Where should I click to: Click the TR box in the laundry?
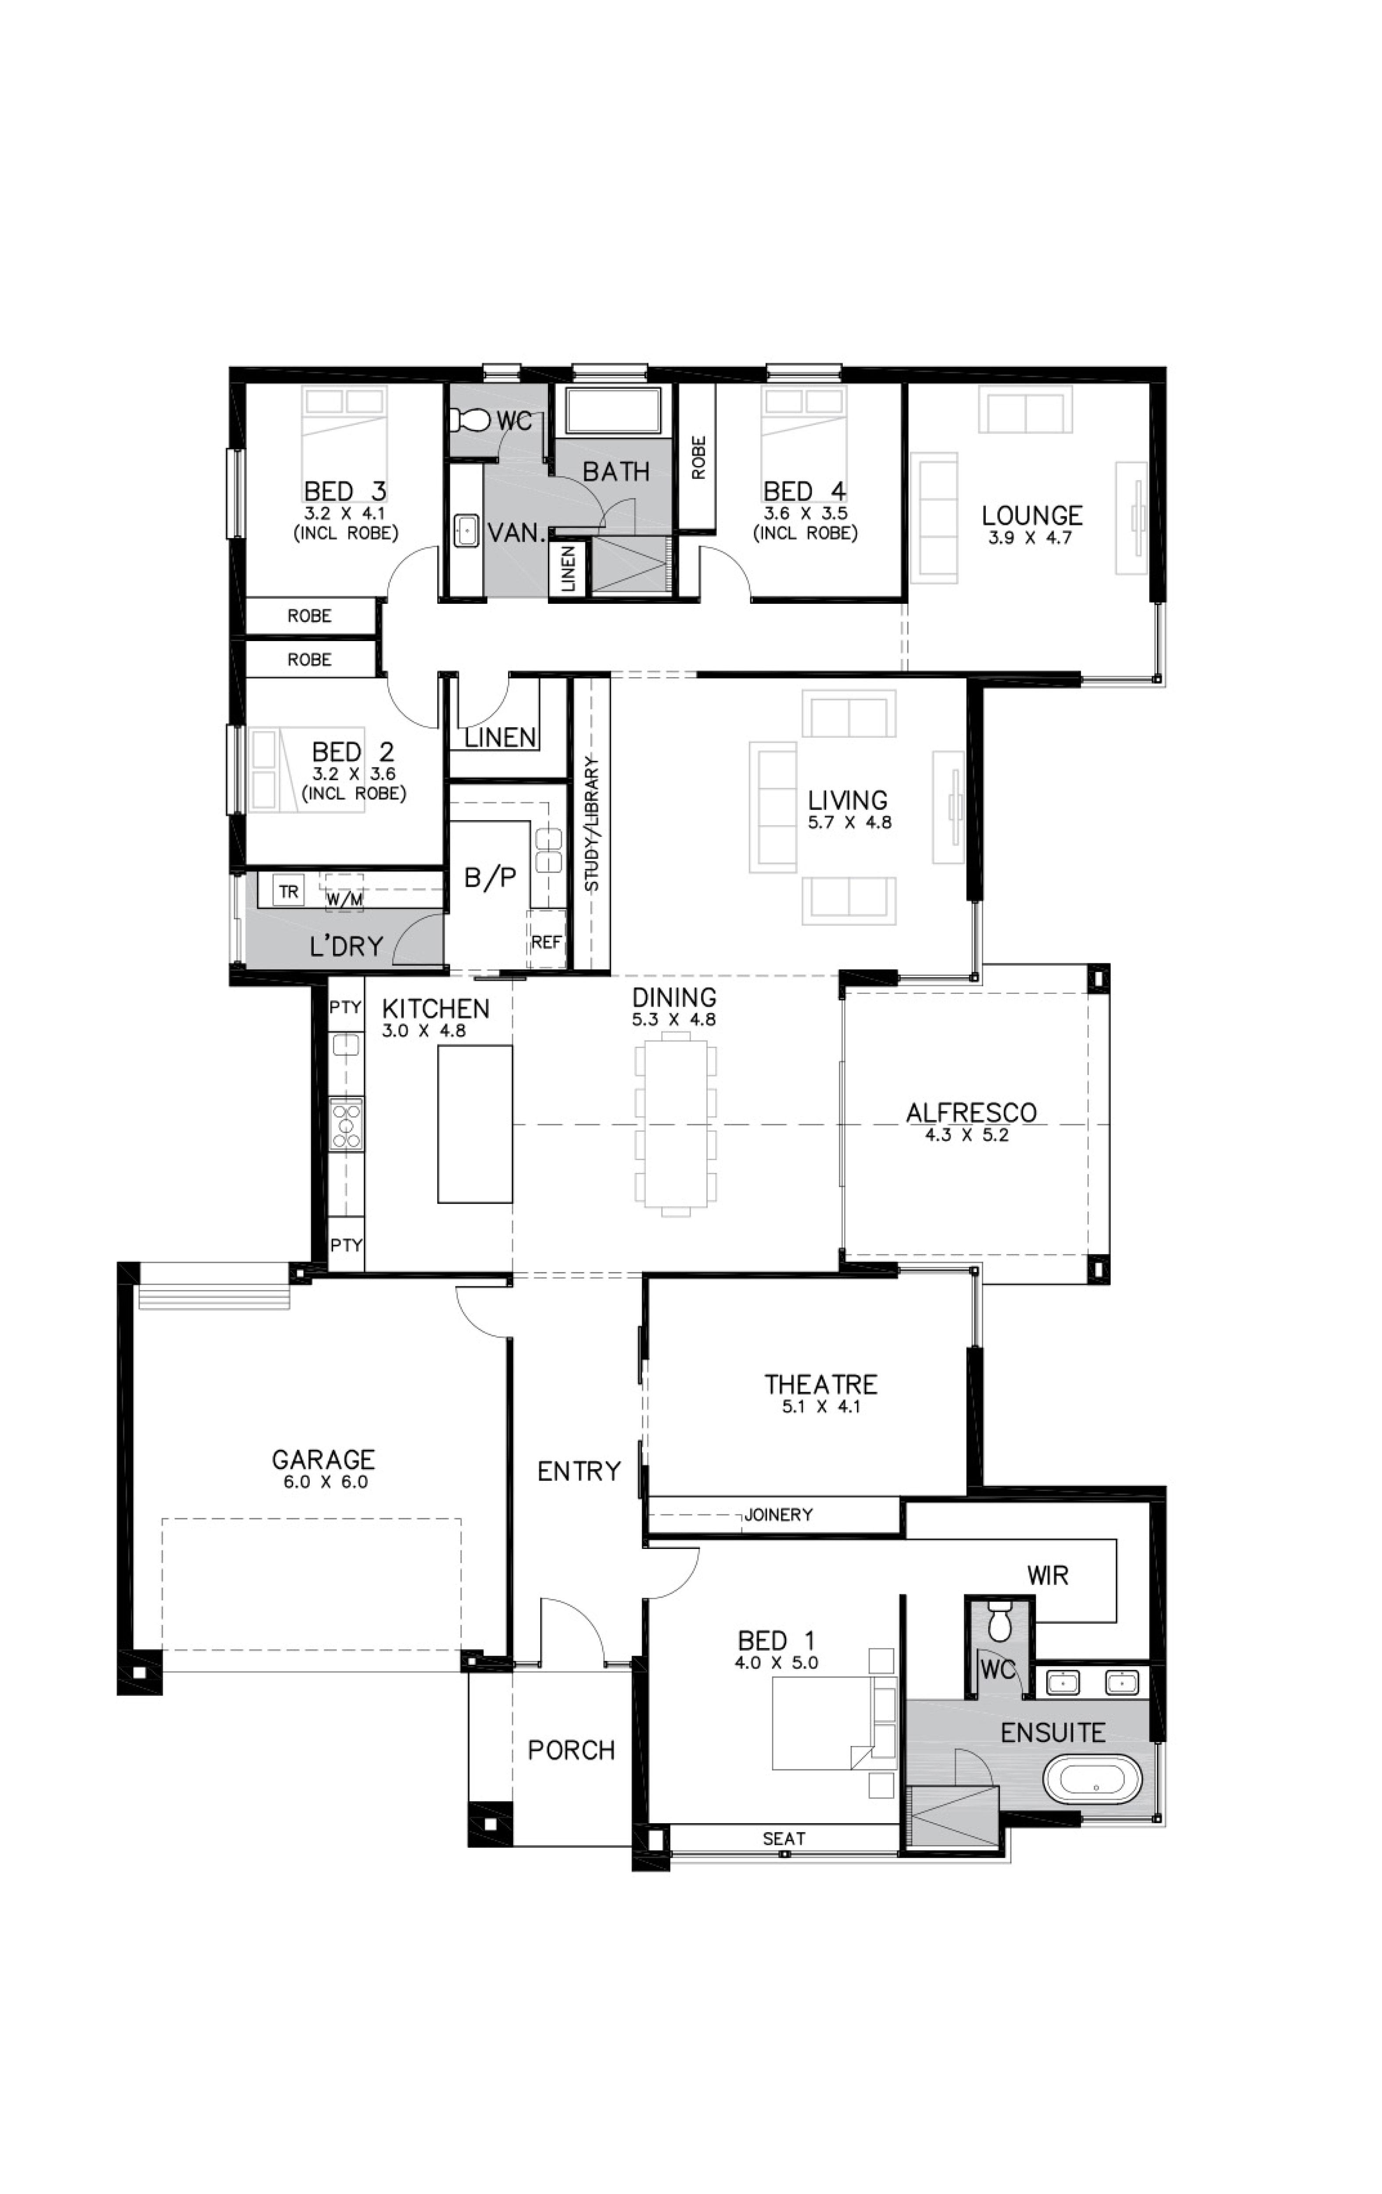point(289,891)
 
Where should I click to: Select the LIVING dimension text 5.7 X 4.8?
point(849,822)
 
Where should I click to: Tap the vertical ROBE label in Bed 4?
point(699,457)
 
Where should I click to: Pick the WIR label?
point(1048,1574)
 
